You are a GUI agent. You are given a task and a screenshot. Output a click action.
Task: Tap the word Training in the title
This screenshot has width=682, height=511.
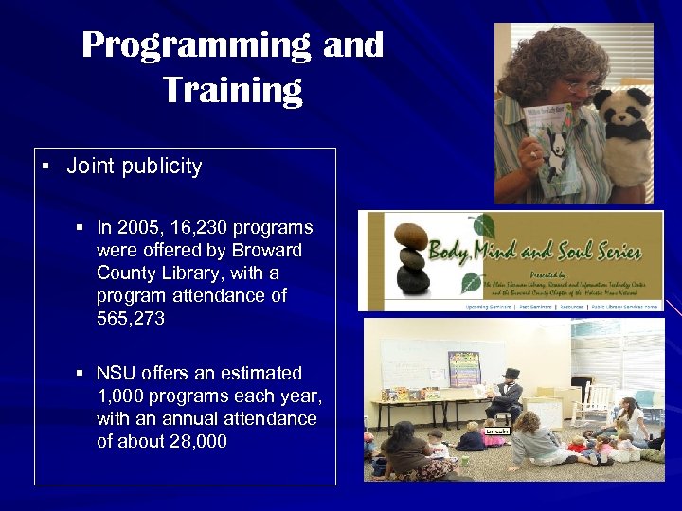232,90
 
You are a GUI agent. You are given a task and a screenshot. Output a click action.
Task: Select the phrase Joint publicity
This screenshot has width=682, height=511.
134,167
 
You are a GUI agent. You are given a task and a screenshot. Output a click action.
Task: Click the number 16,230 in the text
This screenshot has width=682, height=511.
194,228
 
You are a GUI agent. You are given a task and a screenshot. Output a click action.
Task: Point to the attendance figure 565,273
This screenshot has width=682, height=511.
131,319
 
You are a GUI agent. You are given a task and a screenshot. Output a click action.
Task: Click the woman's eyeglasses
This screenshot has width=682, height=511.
579,88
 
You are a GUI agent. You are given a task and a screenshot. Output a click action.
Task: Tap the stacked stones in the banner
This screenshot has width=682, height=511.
411,256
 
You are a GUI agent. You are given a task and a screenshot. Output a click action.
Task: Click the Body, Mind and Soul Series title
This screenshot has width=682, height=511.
535,253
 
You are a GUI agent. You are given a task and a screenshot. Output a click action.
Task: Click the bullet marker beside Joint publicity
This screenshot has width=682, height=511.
45,167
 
